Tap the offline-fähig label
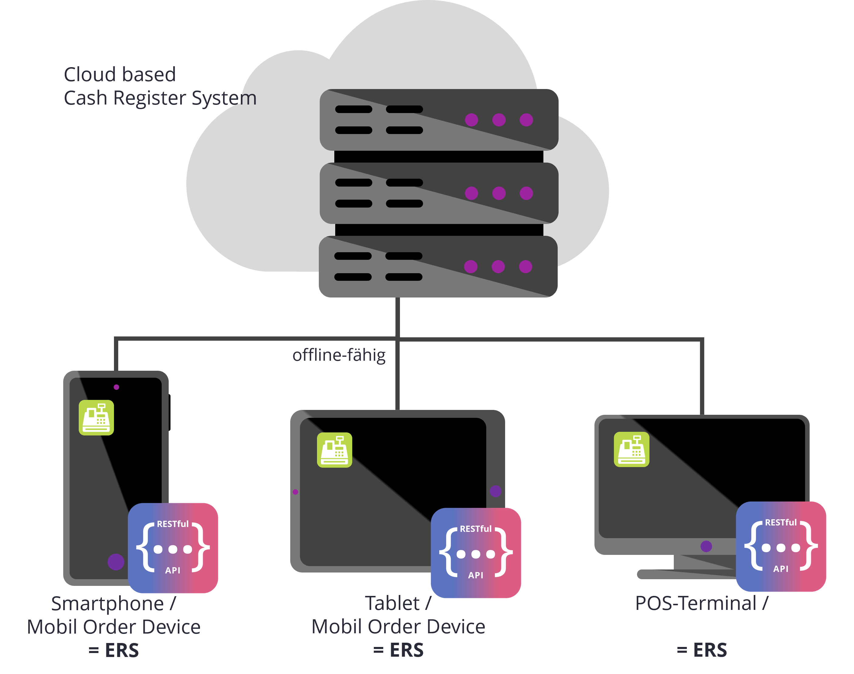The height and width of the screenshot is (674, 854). click(339, 355)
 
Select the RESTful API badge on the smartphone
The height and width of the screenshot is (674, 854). click(173, 548)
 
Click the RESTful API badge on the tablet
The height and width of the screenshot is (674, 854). click(476, 553)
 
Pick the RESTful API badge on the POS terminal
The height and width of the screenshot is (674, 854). click(781, 547)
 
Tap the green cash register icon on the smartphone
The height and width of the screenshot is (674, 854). click(96, 418)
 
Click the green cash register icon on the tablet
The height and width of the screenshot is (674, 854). click(335, 450)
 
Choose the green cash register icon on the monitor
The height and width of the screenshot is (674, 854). click(632, 449)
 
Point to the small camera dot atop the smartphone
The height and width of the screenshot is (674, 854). click(116, 387)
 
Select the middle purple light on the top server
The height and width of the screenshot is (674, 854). click(499, 119)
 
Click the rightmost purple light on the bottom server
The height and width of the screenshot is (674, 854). click(525, 267)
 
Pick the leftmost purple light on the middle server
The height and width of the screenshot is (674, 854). click(472, 193)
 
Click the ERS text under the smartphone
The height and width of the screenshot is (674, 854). click(122, 650)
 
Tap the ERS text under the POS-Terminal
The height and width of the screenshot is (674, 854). click(710, 650)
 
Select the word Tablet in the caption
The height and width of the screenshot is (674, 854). click(392, 604)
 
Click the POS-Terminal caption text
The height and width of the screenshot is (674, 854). click(696, 604)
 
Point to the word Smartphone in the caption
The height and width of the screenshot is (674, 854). click(107, 604)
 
